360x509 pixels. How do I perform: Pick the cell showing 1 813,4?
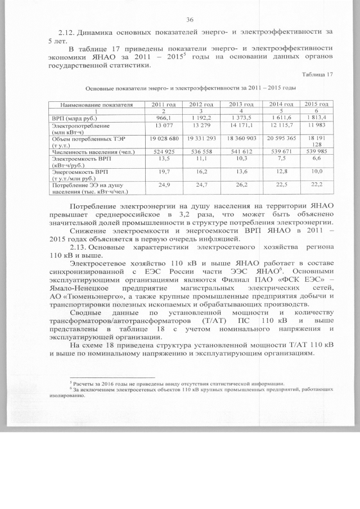click(x=317, y=117)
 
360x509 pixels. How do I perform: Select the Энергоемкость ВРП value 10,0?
click(x=317, y=171)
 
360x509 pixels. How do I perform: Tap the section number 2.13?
click(x=77, y=248)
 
